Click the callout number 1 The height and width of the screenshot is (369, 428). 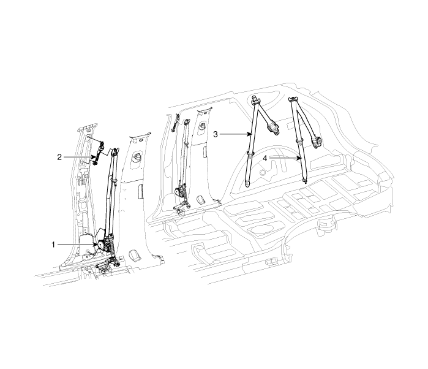pyautogui.click(x=53, y=245)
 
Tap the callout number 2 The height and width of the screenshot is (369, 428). pyautogui.click(x=59, y=157)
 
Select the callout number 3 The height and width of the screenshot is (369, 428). pyautogui.click(x=216, y=134)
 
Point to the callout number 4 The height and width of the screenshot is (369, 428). pyautogui.click(x=265, y=158)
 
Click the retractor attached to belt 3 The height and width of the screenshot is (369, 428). pyautogui.click(x=273, y=127)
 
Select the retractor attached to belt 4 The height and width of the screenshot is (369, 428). pyautogui.click(x=317, y=142)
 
